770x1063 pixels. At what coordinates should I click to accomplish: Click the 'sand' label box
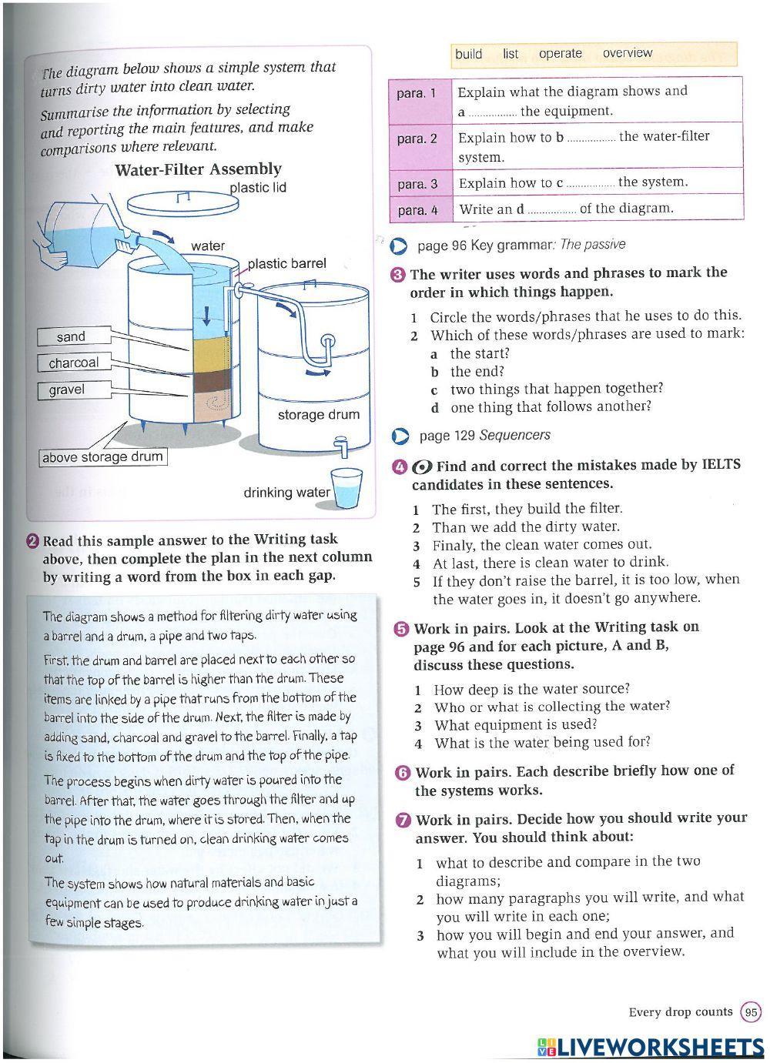pos(71,337)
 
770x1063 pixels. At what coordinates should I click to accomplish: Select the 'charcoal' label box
pos(73,363)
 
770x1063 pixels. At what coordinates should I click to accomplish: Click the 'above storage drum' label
pos(102,457)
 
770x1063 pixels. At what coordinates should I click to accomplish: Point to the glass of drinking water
pos(346,488)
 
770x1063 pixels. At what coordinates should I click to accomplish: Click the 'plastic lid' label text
pos(258,188)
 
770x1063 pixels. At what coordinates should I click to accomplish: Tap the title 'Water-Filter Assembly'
pos(198,169)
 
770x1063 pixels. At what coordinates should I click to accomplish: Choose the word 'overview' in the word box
pos(627,53)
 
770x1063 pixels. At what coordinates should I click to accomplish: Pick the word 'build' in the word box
pos(468,54)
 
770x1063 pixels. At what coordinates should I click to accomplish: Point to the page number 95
pos(751,1012)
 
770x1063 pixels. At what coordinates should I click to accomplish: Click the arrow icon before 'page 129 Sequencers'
pos(400,436)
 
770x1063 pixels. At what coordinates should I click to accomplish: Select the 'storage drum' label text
pos(318,415)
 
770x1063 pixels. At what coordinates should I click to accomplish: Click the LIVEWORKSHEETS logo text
pos(651,1047)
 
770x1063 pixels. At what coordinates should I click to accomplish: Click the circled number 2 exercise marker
pos(33,540)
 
